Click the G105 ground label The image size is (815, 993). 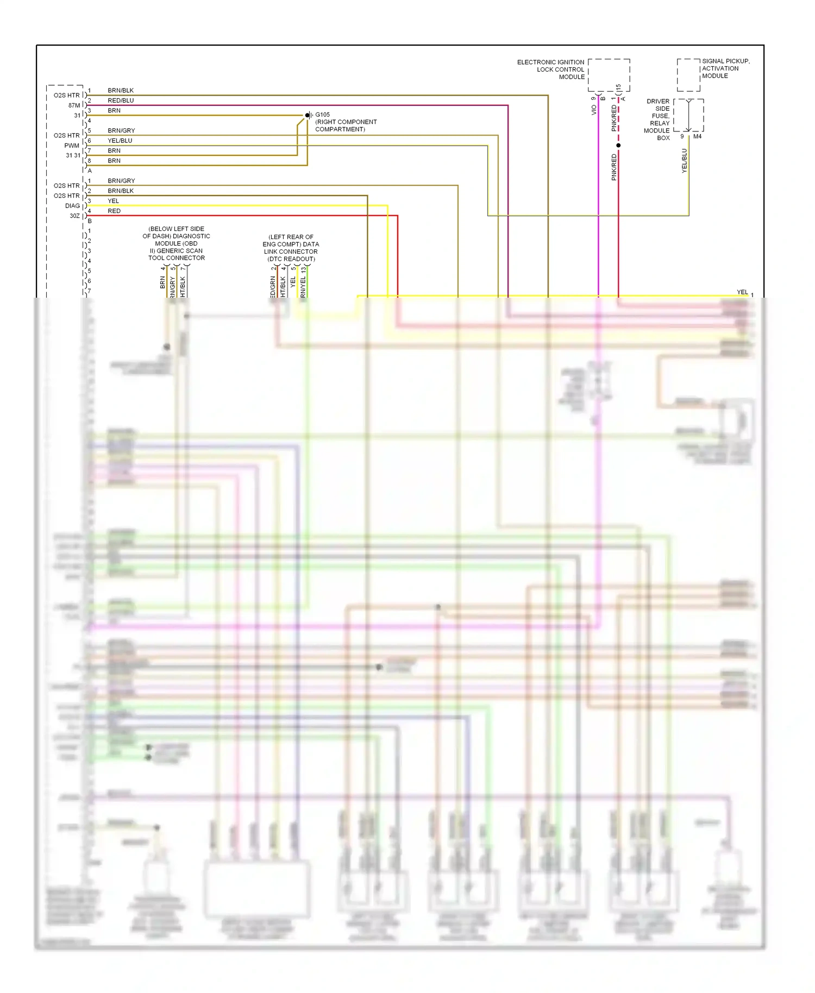coord(322,115)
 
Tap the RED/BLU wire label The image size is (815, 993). coord(121,100)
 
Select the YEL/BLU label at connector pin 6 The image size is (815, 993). coord(120,141)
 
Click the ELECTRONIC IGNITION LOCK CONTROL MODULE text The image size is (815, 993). coord(550,70)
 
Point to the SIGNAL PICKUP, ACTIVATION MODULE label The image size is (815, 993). coord(725,68)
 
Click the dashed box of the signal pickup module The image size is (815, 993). coord(688,75)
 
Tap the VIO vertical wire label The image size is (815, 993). coord(594,110)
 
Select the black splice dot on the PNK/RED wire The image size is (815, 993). coord(618,146)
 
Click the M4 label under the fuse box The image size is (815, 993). coord(697,137)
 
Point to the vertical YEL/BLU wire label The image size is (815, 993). coord(684,161)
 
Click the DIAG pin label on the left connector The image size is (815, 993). coord(72,206)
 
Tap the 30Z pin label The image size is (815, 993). coord(74,216)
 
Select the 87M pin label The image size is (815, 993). coord(74,105)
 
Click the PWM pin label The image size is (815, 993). coord(72,146)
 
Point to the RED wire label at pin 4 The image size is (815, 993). coord(114,211)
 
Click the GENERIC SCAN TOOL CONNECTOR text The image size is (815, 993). coord(177,254)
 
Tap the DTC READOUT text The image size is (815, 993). coord(291,259)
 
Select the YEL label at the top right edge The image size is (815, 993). coord(742,292)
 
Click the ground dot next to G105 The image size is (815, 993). coord(308,115)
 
